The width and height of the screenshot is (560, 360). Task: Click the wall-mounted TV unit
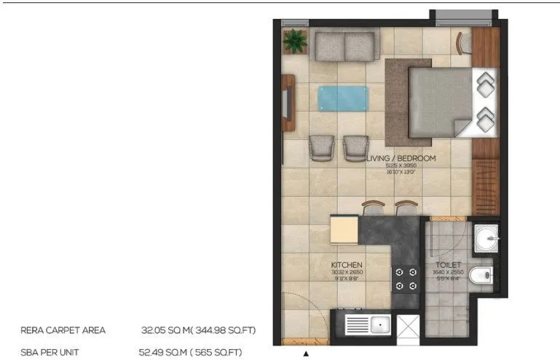click(288, 103)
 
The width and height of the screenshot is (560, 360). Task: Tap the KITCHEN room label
click(347, 265)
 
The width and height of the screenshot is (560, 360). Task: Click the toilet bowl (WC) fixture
click(481, 275)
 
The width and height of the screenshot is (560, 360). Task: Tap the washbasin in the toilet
click(486, 237)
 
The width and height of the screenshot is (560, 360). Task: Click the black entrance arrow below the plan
click(306, 353)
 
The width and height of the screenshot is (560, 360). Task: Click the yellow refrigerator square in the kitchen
click(345, 230)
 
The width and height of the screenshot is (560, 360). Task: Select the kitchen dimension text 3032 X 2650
click(347, 272)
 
